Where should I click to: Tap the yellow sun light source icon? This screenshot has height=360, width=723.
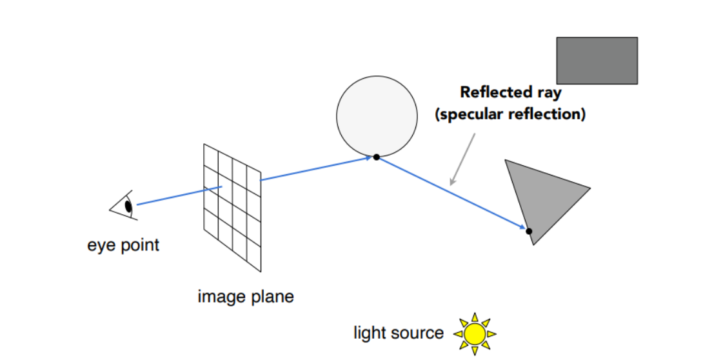(475, 334)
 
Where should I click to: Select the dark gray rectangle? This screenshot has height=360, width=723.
(597, 60)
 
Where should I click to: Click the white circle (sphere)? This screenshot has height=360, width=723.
(377, 116)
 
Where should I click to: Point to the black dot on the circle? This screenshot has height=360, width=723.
(376, 157)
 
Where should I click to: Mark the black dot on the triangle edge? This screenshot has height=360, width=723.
(529, 230)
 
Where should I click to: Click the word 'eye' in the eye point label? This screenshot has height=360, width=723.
(101, 245)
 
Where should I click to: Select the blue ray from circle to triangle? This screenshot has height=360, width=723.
(451, 193)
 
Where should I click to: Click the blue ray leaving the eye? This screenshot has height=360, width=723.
(177, 196)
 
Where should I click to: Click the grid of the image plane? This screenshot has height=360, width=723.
(233, 206)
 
